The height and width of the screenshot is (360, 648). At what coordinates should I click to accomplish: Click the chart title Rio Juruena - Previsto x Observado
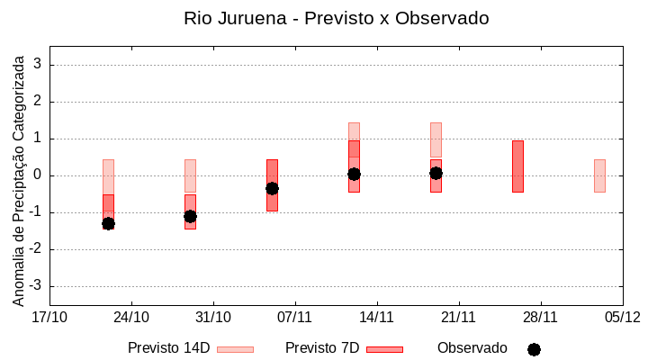point(336,18)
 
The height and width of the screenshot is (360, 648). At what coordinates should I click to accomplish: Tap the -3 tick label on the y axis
point(35,286)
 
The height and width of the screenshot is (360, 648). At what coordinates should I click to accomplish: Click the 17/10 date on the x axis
point(49,317)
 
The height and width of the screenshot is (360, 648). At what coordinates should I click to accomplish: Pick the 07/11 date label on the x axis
point(294,317)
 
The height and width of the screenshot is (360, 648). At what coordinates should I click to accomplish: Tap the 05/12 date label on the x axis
point(622,317)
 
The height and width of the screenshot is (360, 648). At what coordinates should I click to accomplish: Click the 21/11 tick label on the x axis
point(458,317)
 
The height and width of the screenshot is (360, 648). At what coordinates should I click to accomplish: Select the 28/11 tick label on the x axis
point(540,317)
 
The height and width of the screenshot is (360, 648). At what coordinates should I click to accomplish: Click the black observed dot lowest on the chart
point(108,223)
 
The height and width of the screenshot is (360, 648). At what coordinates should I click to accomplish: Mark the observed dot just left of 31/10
point(190,216)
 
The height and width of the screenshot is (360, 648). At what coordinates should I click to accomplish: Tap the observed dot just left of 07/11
point(272,188)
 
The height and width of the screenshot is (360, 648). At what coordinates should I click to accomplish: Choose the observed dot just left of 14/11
point(354,174)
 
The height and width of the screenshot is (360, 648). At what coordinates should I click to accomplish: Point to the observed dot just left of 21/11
point(436,173)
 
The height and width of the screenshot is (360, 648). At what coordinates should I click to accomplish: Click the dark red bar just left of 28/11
point(517,166)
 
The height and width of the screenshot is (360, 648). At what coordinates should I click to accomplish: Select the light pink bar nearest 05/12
point(599,175)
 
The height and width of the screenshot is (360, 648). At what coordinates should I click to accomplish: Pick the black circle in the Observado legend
point(534,349)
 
